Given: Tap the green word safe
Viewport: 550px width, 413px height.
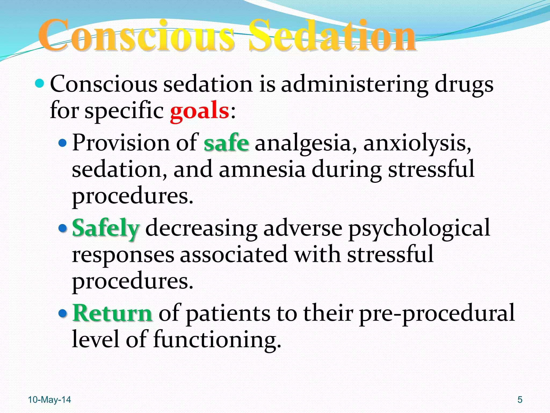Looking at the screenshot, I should [226, 143].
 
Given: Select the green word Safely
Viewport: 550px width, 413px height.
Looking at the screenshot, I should [106, 228].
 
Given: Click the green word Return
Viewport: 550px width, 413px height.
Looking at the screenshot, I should [113, 313].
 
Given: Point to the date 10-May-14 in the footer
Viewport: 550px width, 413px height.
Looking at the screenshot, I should [49, 400].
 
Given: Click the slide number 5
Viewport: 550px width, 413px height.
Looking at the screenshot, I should [520, 400].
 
